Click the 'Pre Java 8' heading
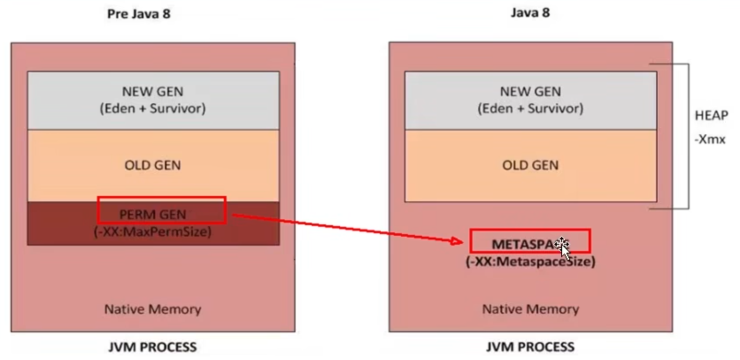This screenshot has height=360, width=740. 139,14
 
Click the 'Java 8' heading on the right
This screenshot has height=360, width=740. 530,13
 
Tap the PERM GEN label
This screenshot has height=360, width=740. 152,215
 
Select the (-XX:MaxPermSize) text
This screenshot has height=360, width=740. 152,232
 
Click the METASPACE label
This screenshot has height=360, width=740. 528,244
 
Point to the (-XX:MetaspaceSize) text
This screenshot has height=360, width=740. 531,262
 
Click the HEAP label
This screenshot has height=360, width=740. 711,116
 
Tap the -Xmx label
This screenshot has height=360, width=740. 710,139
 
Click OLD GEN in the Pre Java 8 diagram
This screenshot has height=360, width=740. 152,165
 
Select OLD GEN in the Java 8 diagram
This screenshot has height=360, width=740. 531,165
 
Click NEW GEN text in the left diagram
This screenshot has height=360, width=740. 152,92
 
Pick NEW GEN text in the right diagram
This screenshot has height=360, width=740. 531,92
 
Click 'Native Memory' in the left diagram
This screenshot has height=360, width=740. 152,309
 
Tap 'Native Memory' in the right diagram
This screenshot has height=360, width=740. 531,309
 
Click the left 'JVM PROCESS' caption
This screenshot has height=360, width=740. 152,347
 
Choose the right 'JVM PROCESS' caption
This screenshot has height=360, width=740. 530,347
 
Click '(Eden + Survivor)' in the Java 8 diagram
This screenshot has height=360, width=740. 531,109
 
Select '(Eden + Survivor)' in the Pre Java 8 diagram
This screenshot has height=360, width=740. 152,109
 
